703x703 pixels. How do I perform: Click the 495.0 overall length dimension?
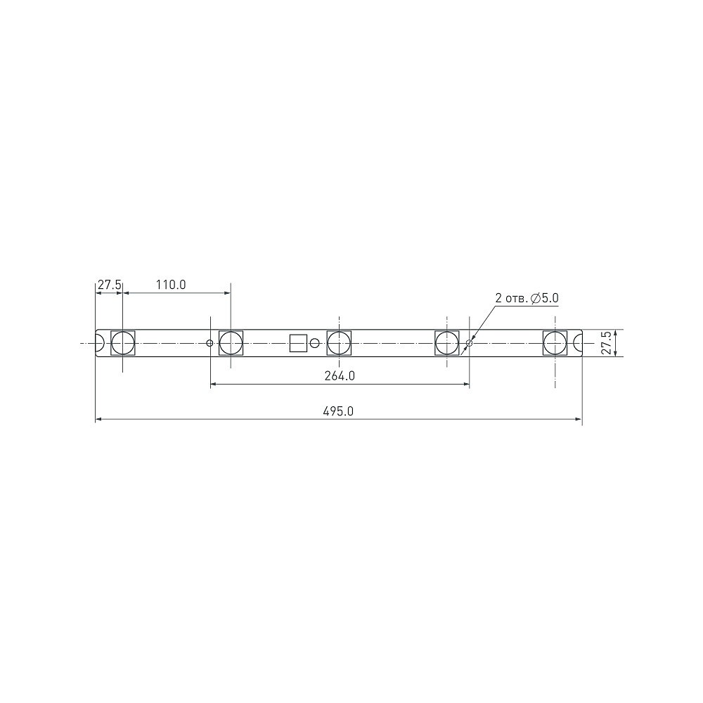339,411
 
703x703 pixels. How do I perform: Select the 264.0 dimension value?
340,376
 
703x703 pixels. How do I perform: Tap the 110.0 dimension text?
171,285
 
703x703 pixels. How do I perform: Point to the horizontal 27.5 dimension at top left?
110,285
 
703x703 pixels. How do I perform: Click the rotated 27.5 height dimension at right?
606,343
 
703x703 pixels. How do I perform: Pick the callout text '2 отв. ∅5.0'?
527,298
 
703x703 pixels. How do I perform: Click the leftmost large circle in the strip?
123,344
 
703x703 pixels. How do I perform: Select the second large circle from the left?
231,344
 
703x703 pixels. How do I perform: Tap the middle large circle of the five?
339,344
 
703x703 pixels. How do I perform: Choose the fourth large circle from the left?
447,344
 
